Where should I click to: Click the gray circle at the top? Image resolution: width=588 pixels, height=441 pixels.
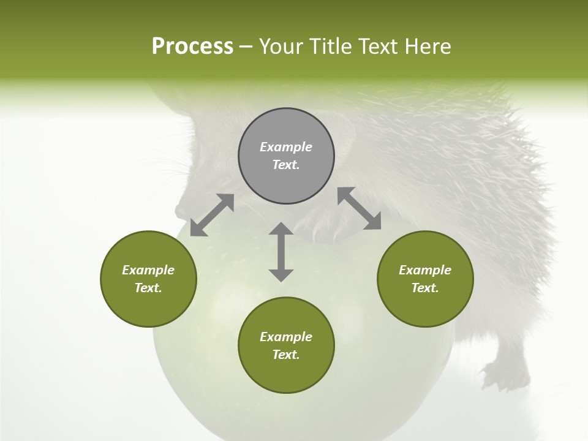pos(286,156)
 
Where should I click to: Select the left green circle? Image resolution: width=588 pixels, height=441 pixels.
pos(148,279)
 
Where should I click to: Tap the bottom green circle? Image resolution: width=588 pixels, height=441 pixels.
pos(286,345)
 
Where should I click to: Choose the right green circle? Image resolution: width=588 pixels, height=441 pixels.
pos(425,279)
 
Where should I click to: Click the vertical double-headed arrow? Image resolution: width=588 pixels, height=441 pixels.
pos(281,252)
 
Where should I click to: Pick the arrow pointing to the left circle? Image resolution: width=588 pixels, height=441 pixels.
pos(212,215)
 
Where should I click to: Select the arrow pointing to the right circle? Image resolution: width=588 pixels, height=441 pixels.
pos(360,208)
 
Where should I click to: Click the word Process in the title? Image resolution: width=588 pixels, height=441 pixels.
pos(192,47)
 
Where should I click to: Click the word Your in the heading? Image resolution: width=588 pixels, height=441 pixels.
pos(281,47)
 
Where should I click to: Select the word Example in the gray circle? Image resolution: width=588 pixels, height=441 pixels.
pos(286,147)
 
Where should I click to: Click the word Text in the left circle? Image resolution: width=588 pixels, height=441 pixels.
pos(148,288)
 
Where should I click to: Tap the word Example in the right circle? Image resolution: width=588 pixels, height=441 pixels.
pos(425,270)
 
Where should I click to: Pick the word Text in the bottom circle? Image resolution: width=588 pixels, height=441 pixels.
pos(286,355)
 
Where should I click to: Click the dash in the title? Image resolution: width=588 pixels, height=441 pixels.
pos(246,47)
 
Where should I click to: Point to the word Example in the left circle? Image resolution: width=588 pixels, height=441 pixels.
pos(148,270)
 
